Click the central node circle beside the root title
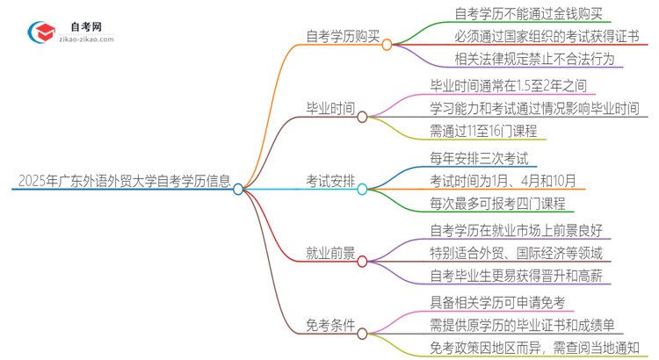pos(238,188)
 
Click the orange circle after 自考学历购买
pos(387,43)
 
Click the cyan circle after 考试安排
pos(362,188)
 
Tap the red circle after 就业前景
pos(362,260)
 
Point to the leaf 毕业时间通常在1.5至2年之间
pos(508,87)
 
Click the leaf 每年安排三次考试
pos(479,159)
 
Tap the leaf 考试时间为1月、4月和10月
pos(503,182)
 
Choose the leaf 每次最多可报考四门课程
pos(497,205)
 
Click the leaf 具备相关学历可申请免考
pos(496,303)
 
